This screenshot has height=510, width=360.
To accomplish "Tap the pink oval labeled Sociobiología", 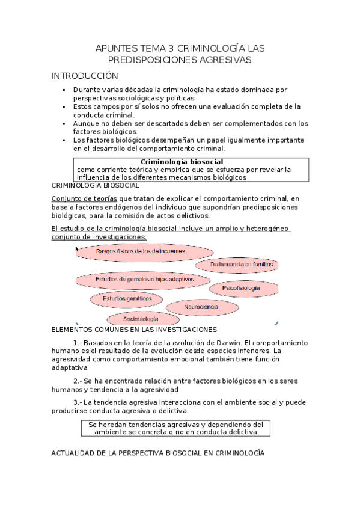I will point(141,318).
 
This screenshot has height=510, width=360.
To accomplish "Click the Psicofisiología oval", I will point(243,289).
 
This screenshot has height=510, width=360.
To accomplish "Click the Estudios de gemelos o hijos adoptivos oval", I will point(144,280).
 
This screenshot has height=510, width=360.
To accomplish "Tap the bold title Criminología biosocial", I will point(182,162).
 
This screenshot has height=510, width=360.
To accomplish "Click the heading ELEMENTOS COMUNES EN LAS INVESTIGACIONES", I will point(134,330).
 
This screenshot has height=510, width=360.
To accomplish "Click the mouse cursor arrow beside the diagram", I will point(78,248).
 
